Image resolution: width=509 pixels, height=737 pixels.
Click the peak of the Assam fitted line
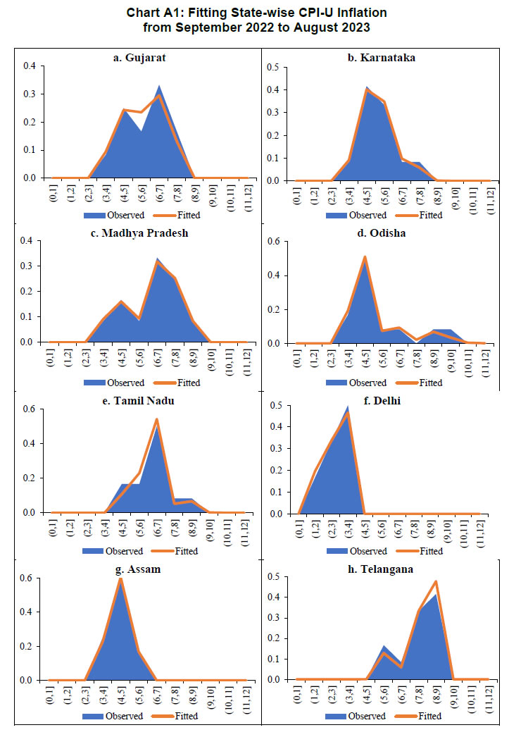coord(121,579)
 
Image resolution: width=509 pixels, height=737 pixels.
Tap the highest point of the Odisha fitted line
coord(365,256)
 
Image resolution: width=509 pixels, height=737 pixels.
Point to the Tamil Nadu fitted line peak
coord(156,420)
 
